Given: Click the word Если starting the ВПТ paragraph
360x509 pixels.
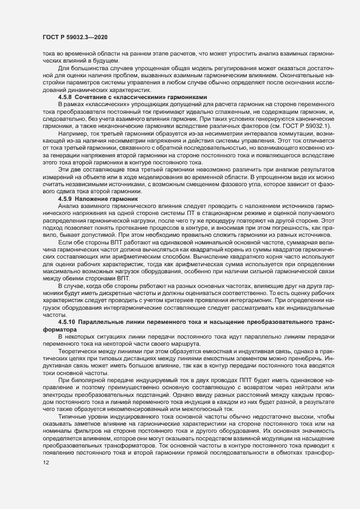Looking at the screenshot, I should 64,240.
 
